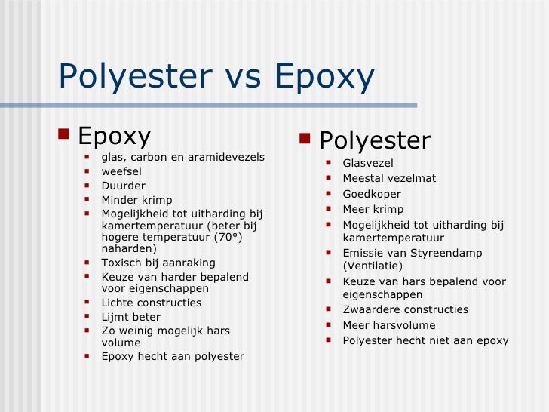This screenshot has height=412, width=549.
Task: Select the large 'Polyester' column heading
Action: coord(375,140)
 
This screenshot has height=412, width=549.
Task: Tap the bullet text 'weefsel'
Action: coord(121,171)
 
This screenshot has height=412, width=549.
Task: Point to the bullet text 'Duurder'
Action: coord(124,186)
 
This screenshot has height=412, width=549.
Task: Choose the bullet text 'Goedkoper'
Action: coord(372,194)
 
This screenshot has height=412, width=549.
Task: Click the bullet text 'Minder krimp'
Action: coord(136,200)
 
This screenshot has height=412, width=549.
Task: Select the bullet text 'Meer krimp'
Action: coord(373,209)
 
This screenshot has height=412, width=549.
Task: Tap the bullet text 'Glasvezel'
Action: coord(368,163)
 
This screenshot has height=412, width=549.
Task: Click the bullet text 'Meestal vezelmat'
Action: coord(389,178)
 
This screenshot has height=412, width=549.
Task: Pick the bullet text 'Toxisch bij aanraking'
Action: coord(158,263)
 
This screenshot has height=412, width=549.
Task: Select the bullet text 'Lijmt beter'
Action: coord(131,317)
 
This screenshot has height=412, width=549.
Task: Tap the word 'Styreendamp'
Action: coord(449,253)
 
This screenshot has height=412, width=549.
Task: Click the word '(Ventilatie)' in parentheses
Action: coord(373,266)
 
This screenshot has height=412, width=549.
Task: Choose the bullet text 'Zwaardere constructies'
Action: coord(406,309)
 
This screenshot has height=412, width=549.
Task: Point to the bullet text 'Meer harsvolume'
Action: coord(389,325)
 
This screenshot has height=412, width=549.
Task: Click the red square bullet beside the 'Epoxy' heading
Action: coord(63,137)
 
